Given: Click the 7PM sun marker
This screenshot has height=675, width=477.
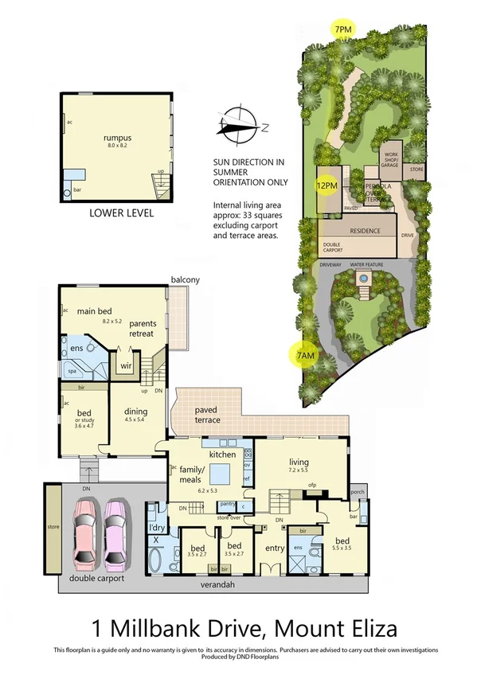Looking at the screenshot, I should pos(344,30).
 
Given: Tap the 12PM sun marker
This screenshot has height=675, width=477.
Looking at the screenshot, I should pos(325,186).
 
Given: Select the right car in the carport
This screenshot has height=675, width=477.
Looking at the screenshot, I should pos(117,533).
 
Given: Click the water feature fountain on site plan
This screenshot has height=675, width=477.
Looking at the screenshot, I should pos(363,279).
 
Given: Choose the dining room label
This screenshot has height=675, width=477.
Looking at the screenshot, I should pos(136,412).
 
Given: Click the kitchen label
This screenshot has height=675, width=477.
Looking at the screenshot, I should pos(220,453).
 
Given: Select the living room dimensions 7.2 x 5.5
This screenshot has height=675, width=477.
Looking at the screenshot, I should pos(299,470).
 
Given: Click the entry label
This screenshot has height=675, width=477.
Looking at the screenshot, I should pos(275,548).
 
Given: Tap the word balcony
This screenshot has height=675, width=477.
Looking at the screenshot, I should pos(184,280).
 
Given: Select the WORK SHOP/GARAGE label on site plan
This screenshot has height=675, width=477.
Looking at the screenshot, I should pos(391,160).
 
